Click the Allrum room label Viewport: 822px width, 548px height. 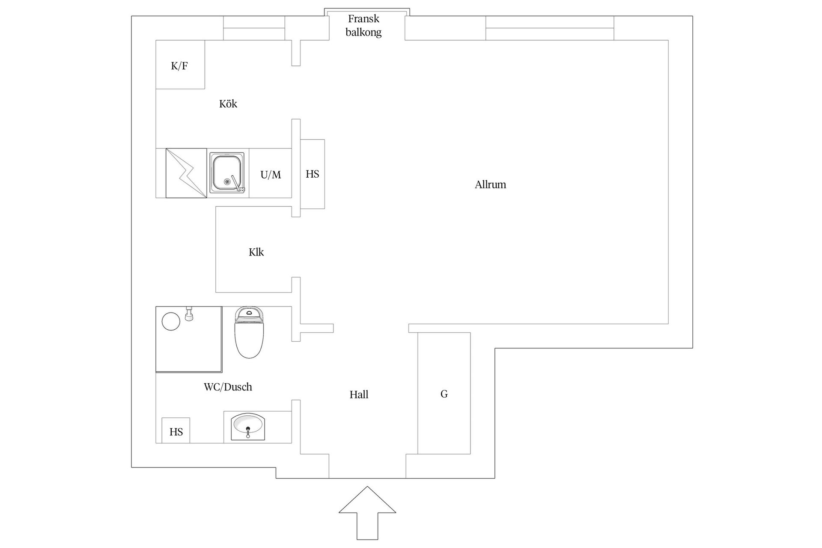[490, 185]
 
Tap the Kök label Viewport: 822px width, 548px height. [228, 104]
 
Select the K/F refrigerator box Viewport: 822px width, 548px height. [180, 65]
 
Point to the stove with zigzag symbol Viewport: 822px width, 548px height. [186, 173]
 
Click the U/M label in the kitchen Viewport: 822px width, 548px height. [271, 175]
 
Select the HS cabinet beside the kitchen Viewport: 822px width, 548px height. [313, 174]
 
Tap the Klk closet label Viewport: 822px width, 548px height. [256, 252]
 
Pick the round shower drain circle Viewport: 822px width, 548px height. [171, 321]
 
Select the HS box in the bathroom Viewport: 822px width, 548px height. [176, 431]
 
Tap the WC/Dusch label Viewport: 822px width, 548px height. [228, 387]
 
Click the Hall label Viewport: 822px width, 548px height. [359, 395]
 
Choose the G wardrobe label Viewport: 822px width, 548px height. [444, 394]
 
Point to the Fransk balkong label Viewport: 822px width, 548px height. [364, 25]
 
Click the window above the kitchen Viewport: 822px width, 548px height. [254, 28]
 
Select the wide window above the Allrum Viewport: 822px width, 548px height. [550, 28]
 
